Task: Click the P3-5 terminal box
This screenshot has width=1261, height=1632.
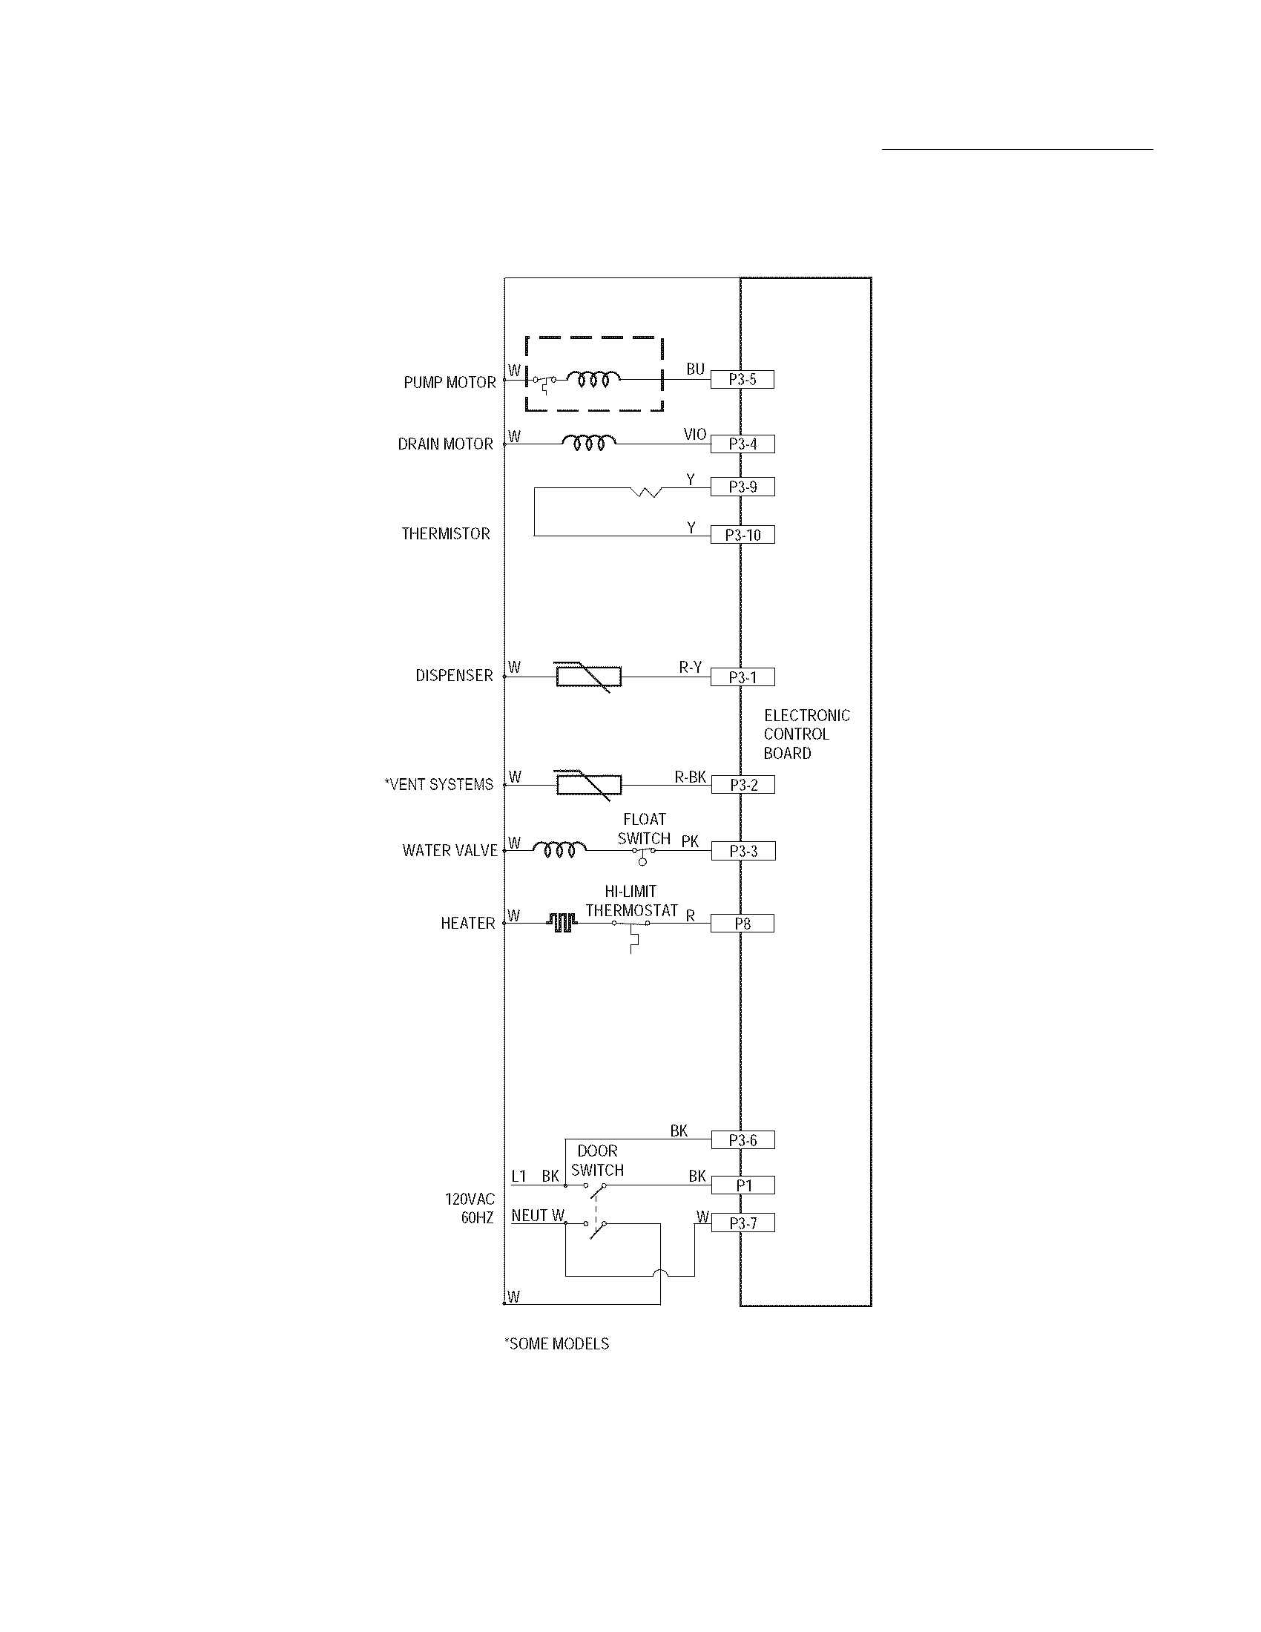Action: click(x=742, y=380)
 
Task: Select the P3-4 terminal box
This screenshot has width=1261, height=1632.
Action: click(x=742, y=444)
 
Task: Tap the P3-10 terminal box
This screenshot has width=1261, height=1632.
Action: click(x=743, y=535)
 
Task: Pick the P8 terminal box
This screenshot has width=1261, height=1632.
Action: click(x=742, y=924)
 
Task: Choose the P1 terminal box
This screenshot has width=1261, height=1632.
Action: click(x=743, y=1185)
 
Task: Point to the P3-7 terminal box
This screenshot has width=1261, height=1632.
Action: click(x=743, y=1223)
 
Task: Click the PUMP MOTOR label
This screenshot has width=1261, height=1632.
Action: click(x=450, y=383)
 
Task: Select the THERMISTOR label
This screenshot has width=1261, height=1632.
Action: click(x=446, y=534)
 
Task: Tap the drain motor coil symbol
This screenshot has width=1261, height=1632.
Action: click(x=590, y=443)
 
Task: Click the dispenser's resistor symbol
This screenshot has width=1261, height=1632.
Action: click(x=589, y=677)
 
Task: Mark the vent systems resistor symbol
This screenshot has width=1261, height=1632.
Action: click(x=589, y=784)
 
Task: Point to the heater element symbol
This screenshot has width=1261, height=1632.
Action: click(x=562, y=924)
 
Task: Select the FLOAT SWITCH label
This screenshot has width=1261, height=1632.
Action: click(x=644, y=829)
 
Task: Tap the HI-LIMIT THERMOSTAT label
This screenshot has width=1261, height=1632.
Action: click(x=631, y=901)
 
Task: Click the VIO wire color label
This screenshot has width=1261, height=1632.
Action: click(x=695, y=435)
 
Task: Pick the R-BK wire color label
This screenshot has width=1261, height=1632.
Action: click(x=691, y=777)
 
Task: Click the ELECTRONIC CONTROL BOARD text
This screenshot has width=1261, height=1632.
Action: click(x=806, y=734)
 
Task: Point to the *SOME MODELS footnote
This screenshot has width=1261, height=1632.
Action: click(x=556, y=1343)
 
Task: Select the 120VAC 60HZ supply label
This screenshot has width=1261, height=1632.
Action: click(x=470, y=1208)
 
